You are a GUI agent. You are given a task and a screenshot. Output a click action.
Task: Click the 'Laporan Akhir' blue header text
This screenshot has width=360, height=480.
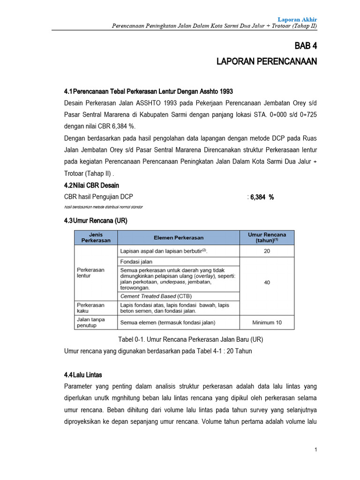point(297,19)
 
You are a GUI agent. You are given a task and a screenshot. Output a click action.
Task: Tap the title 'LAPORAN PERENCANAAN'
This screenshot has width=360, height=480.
point(266,61)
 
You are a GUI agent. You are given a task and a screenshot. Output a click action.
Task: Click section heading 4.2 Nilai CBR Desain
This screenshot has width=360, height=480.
point(91,185)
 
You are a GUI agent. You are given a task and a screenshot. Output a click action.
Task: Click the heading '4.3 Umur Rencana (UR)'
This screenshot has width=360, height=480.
point(96,220)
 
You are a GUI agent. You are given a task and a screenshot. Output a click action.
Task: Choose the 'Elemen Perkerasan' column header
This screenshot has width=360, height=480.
point(179,237)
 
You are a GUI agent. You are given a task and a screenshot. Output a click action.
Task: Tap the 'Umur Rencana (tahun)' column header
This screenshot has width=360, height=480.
point(267,237)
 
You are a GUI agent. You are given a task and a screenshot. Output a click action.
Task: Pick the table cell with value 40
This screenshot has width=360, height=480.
point(267,282)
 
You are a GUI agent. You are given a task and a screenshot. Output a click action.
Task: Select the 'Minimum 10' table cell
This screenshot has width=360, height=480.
point(267,322)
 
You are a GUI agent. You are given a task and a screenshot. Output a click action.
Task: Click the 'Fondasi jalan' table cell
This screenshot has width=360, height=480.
point(136,262)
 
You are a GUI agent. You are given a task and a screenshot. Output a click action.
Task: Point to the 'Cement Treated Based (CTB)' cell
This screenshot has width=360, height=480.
point(156,296)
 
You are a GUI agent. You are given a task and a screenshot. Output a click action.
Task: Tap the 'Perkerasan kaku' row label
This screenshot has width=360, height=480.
point(91,307)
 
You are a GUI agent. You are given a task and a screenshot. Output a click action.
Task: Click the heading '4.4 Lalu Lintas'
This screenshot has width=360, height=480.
point(83,375)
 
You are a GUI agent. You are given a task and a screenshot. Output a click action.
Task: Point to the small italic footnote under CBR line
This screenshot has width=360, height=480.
point(103,207)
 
